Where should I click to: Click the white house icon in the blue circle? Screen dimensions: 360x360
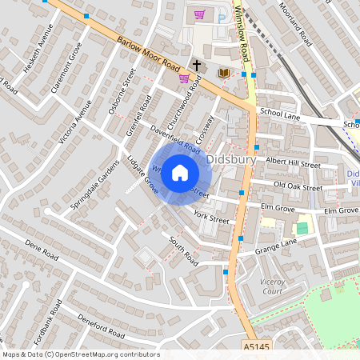180,172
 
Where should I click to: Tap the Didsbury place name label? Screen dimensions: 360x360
230,159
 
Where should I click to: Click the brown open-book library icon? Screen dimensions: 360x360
224,74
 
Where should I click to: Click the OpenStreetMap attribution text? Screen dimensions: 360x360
80,354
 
